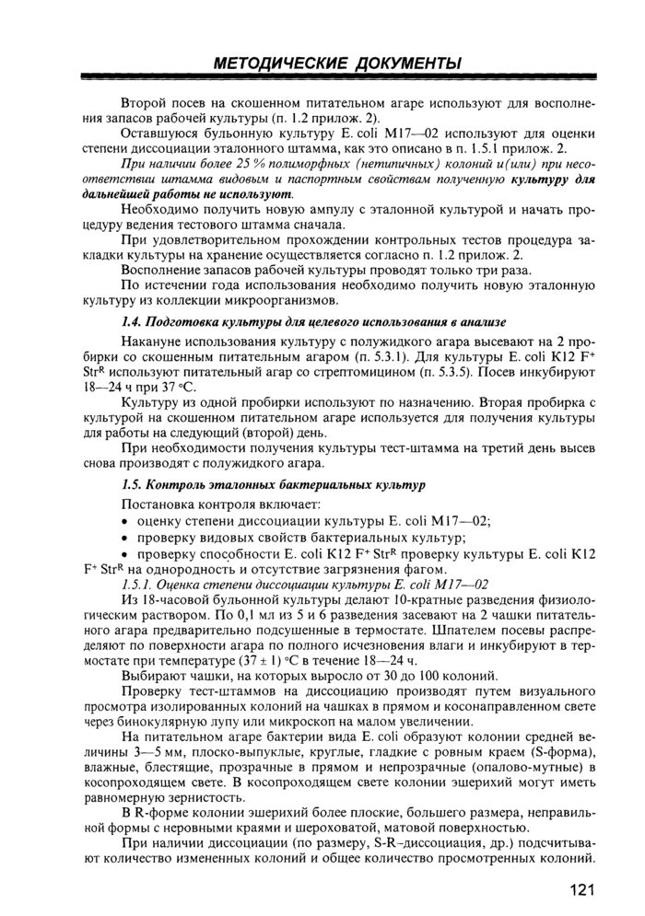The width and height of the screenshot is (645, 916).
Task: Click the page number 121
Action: tap(580, 892)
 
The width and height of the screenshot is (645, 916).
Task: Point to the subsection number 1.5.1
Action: tap(139, 585)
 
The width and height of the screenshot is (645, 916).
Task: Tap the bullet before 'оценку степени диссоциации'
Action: tap(125, 520)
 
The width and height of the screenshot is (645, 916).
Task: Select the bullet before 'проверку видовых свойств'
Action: tap(125, 538)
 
